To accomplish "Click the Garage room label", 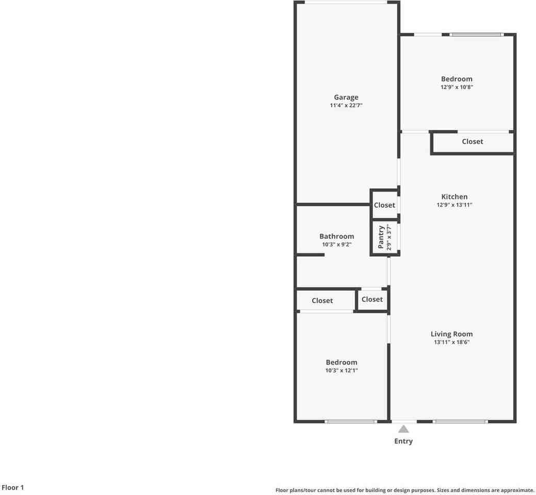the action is point(346,97).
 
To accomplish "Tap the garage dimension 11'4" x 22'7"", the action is point(346,106).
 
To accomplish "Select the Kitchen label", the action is point(454,197).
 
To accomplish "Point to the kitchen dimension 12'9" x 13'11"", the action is point(454,205).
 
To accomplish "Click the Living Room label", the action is point(451,334).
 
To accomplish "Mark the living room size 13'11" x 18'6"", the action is point(451,342).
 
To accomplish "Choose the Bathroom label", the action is point(337,236).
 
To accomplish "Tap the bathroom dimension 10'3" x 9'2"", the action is point(337,244).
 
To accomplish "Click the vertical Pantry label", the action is point(381,237).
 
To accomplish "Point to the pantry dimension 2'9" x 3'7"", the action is point(389,237).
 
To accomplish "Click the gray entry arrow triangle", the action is point(403,429).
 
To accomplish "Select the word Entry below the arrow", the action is point(403,441).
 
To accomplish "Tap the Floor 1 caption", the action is point(13,487).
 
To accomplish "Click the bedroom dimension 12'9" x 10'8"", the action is point(457,87).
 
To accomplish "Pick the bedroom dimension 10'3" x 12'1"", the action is point(342,371).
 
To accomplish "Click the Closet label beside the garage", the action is point(384,205).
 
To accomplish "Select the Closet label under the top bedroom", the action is point(473,141).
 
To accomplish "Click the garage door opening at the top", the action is point(346,3).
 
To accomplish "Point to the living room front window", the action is point(461,422).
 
